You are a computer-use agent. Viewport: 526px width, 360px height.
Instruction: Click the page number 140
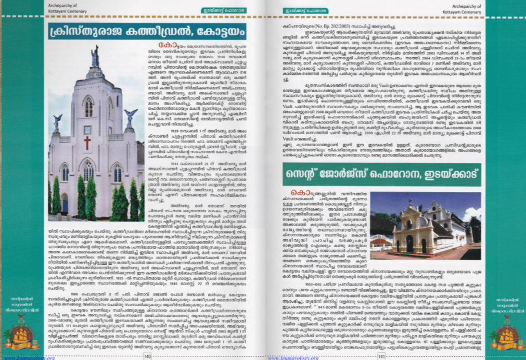point(147,356)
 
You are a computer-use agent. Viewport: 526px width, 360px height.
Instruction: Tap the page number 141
point(381,356)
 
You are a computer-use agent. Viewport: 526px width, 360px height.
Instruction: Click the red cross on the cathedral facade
point(87,143)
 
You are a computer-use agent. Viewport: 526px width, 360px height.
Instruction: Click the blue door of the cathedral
point(65,203)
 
